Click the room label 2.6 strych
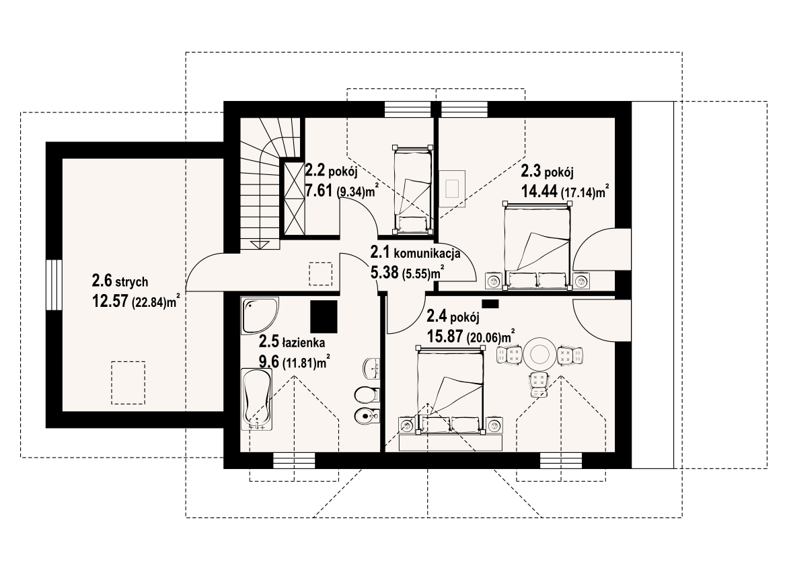click(x=120, y=281)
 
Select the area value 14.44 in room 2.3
click(x=539, y=191)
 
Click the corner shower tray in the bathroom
click(x=260, y=316)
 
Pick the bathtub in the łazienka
click(x=257, y=399)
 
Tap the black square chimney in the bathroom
click(x=324, y=316)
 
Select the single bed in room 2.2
click(x=412, y=190)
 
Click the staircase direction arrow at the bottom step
click(x=260, y=244)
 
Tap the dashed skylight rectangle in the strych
click(x=128, y=383)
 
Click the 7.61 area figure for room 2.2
click(x=320, y=190)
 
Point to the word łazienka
click(x=303, y=343)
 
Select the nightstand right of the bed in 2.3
click(x=581, y=281)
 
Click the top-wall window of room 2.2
click(x=408, y=109)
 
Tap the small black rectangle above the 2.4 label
click(x=490, y=304)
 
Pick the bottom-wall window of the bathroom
click(x=295, y=460)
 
